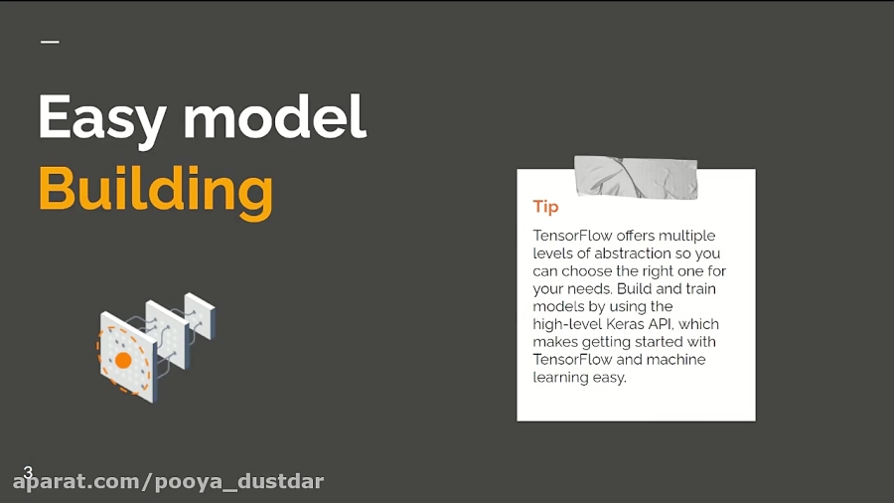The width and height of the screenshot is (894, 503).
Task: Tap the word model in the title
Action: (x=274, y=116)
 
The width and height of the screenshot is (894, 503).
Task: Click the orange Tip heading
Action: (x=545, y=207)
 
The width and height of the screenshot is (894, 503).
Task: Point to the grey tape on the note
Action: (x=636, y=177)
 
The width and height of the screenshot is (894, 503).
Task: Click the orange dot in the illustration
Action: (x=123, y=360)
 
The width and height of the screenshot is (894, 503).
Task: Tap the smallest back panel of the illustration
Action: (x=200, y=315)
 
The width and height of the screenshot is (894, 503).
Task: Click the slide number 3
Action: (x=28, y=471)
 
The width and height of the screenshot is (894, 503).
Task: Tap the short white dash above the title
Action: (x=51, y=42)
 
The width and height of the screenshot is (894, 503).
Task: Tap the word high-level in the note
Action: (x=567, y=324)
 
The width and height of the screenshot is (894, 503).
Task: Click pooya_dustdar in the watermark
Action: (x=239, y=482)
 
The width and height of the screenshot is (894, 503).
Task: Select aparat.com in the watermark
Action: (x=75, y=482)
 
